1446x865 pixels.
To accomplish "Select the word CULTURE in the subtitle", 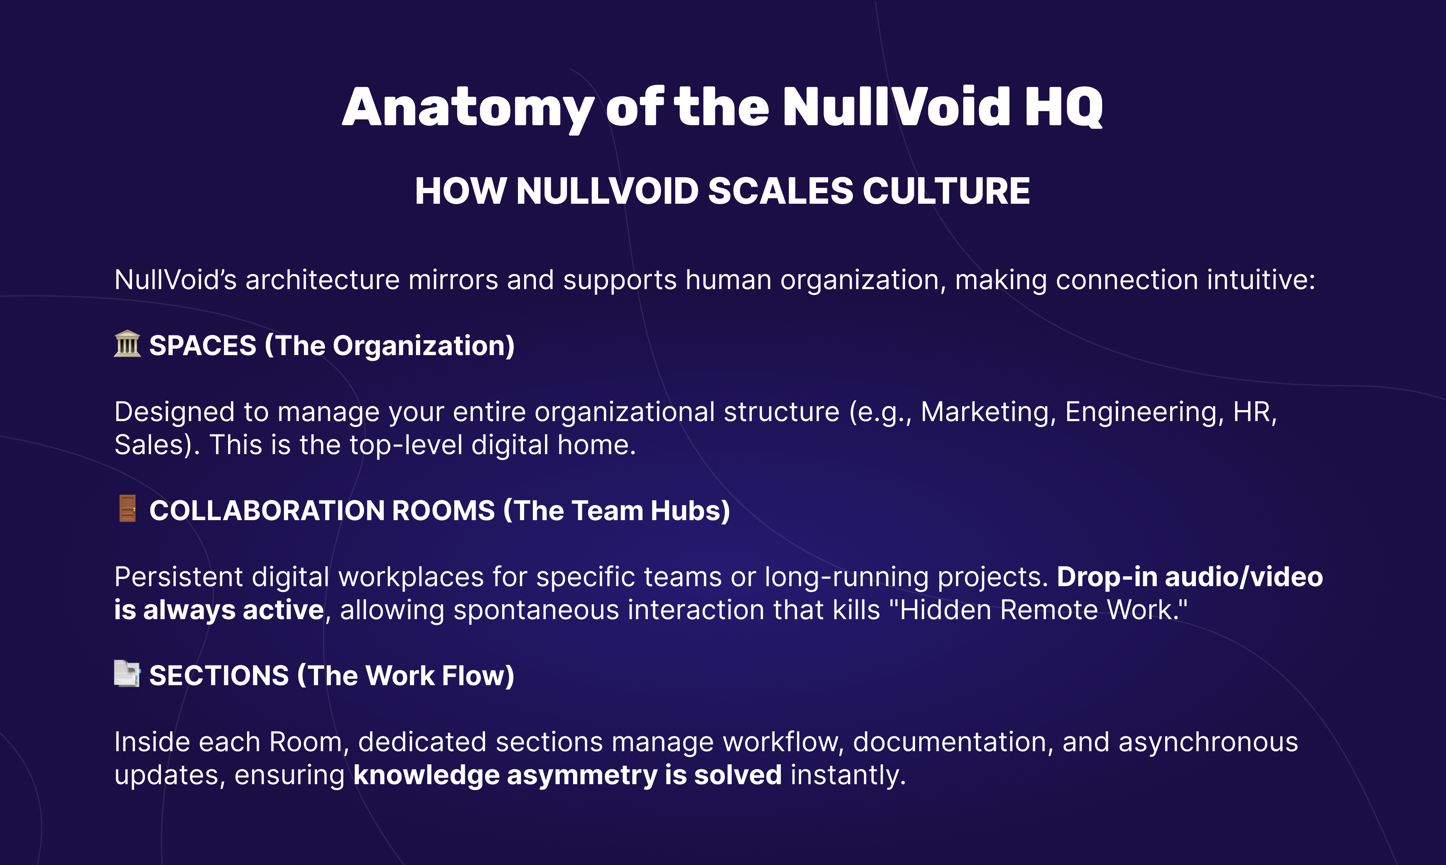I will (x=946, y=191).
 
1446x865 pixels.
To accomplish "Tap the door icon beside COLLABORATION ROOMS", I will (x=127, y=509).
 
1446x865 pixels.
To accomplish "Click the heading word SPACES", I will (x=202, y=346).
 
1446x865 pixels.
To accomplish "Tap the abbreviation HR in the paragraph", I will (x=1254, y=412).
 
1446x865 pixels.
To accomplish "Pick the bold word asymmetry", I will (x=583, y=775).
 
